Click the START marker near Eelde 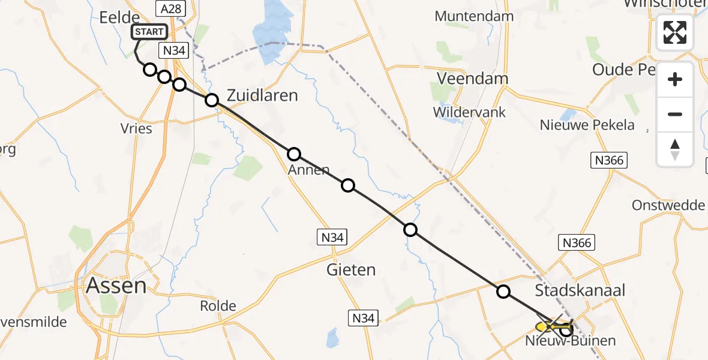148,32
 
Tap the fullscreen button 675,32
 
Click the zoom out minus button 675,114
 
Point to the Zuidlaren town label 262,95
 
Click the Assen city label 116,285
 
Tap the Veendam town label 472,79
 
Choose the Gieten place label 352,269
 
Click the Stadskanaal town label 580,290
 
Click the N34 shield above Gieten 332,238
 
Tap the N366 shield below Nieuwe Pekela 609,160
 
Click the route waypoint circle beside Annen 294,154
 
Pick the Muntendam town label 474,16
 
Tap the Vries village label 136,128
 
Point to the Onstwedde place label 668,205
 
